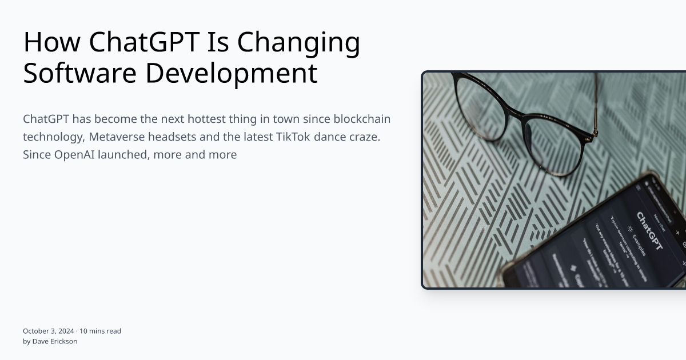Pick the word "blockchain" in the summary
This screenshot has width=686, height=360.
pos(362,119)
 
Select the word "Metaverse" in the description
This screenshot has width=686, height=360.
pos(116,137)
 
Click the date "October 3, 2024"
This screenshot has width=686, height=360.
pos(48,331)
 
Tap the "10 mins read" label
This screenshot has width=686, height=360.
pos(100,331)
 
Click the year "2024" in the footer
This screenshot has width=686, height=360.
pos(66,331)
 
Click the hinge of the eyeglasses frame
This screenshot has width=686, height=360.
pos(595,133)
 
